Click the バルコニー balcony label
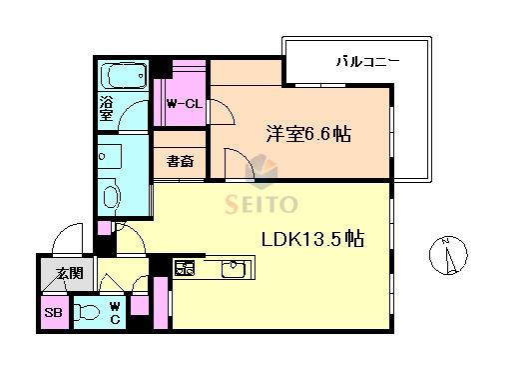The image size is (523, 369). (367, 62)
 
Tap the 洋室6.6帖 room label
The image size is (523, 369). (308, 134)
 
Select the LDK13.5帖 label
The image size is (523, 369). (312, 239)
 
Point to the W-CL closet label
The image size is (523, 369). (185, 104)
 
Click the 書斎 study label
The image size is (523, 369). (180, 162)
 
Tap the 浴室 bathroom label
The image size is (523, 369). (106, 109)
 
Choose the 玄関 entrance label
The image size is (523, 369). (70, 273)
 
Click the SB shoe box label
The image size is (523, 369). (53, 313)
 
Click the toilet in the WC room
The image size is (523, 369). (87, 313)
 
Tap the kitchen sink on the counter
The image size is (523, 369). (234, 269)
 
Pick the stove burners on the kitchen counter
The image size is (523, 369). (185, 267)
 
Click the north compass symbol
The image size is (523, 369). (448, 255)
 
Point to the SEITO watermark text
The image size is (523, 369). (261, 204)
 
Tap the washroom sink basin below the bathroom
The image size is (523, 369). (110, 156)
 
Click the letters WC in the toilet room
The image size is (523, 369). (115, 313)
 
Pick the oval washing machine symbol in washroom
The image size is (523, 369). (112, 197)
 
